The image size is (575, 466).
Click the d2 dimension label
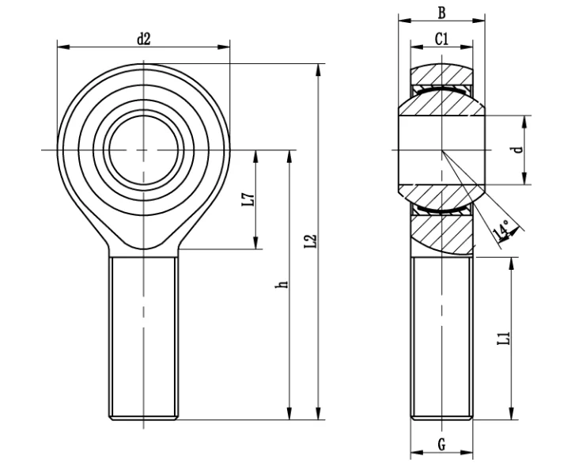pos(143,37)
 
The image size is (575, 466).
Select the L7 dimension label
pos(248,199)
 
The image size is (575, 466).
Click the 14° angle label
pos(501,229)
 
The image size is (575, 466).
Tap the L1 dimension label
pos(502,338)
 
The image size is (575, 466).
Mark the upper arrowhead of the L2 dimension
pos(318,69)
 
